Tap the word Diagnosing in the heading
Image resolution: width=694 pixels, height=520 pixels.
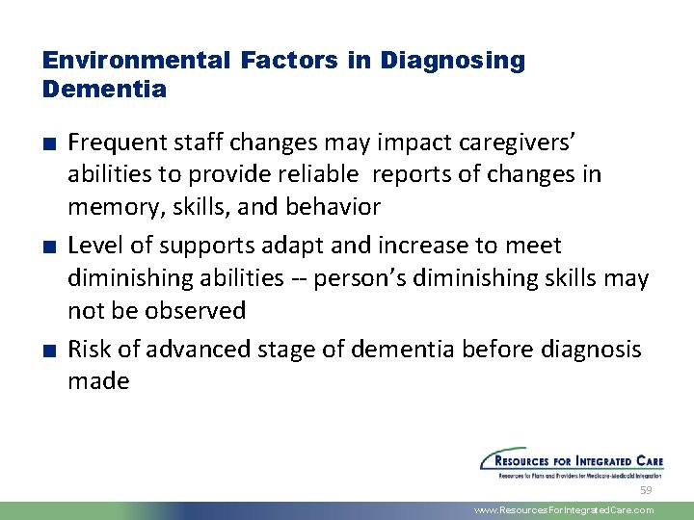pyautogui.click(x=452, y=61)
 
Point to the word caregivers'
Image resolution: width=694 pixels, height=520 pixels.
pyautogui.click(x=520, y=143)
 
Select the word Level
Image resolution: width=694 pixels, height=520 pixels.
pyautogui.click(x=93, y=247)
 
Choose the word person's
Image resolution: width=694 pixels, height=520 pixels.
pyautogui.click(x=374, y=278)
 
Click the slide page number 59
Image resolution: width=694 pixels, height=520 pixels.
pyautogui.click(x=646, y=489)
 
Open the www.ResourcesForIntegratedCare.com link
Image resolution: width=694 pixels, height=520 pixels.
pyautogui.click(x=563, y=510)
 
